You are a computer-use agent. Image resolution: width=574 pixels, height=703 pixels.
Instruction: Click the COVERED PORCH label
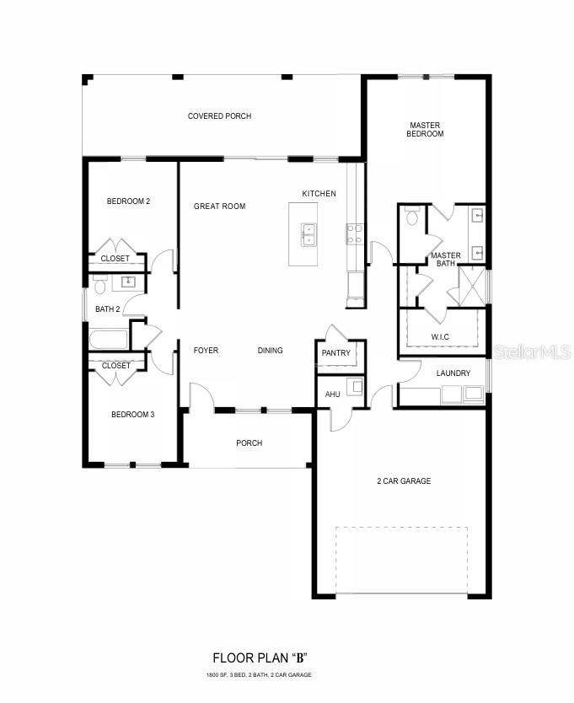click(x=219, y=116)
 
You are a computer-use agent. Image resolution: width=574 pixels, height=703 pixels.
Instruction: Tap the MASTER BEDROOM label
click(x=425, y=129)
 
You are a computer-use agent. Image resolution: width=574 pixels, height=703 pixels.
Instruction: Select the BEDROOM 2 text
click(x=128, y=201)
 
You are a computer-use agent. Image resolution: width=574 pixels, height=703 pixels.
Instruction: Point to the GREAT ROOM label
click(x=219, y=207)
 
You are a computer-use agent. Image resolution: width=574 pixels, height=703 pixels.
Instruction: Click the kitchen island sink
click(x=308, y=233)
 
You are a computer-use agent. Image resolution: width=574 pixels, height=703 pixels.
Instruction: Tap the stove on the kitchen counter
click(x=354, y=233)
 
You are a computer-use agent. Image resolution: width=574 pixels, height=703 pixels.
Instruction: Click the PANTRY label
click(x=335, y=353)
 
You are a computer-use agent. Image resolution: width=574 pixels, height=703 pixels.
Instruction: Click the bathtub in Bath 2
click(x=109, y=339)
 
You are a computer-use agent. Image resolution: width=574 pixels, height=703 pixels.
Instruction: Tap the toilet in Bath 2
click(x=99, y=286)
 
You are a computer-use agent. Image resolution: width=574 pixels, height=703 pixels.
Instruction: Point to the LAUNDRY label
click(x=453, y=373)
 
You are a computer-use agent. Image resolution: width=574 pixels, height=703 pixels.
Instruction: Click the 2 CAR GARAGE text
click(x=403, y=481)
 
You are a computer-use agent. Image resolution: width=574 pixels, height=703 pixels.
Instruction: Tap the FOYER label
click(x=206, y=351)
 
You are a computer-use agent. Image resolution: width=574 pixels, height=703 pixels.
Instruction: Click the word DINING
click(x=270, y=351)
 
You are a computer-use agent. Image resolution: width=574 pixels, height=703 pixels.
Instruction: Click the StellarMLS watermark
click(x=531, y=351)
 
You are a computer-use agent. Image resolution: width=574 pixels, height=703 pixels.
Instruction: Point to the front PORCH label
click(x=249, y=443)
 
